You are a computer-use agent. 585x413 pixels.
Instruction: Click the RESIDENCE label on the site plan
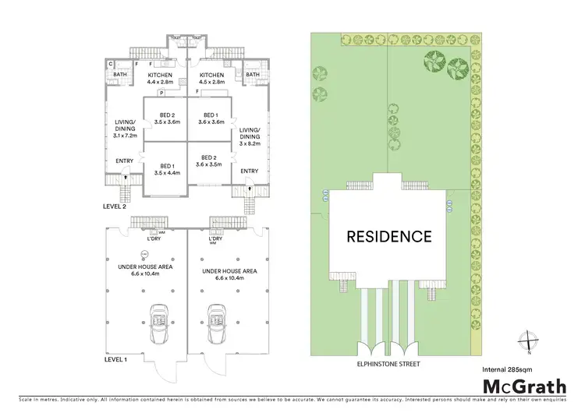click(x=389, y=236)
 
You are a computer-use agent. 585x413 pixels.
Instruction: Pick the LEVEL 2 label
click(x=114, y=206)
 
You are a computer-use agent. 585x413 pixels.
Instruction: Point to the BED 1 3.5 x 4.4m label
click(x=168, y=169)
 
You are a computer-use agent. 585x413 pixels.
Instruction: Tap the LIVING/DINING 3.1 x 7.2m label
click(x=125, y=129)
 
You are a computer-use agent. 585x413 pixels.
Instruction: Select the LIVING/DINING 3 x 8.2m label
click(x=250, y=138)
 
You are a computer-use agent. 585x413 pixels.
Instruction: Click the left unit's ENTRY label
click(x=125, y=161)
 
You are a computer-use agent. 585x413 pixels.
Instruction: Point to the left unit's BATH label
click(x=120, y=75)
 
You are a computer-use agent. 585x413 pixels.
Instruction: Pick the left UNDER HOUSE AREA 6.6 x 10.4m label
click(x=144, y=270)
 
